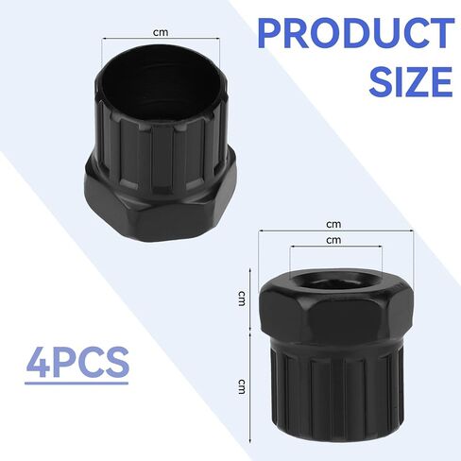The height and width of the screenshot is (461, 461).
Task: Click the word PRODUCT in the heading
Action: (356, 33)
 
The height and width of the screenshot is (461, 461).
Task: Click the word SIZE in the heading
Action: (411, 81)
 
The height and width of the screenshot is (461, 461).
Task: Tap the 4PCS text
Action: (77, 362)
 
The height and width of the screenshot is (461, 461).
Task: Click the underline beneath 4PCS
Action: (77, 384)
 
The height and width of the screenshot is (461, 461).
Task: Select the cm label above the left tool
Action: (161, 32)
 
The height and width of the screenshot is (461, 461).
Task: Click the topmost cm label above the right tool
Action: (333, 224)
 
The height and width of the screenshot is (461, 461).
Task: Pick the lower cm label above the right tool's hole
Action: (333, 240)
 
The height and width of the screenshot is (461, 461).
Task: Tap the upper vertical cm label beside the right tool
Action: (241, 299)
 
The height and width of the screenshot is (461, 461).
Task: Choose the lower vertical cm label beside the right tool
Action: (241, 386)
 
